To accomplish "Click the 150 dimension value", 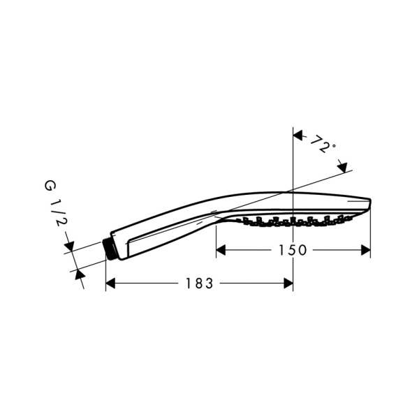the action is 293,250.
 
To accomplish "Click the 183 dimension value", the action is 200,284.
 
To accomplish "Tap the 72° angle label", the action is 323,145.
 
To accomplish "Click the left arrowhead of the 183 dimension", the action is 110,284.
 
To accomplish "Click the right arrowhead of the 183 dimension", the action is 288,284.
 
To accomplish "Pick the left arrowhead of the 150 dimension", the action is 221,250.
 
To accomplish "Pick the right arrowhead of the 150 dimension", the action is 365,250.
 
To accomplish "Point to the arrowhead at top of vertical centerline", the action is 298,135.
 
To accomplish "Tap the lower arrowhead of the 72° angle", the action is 342,168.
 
